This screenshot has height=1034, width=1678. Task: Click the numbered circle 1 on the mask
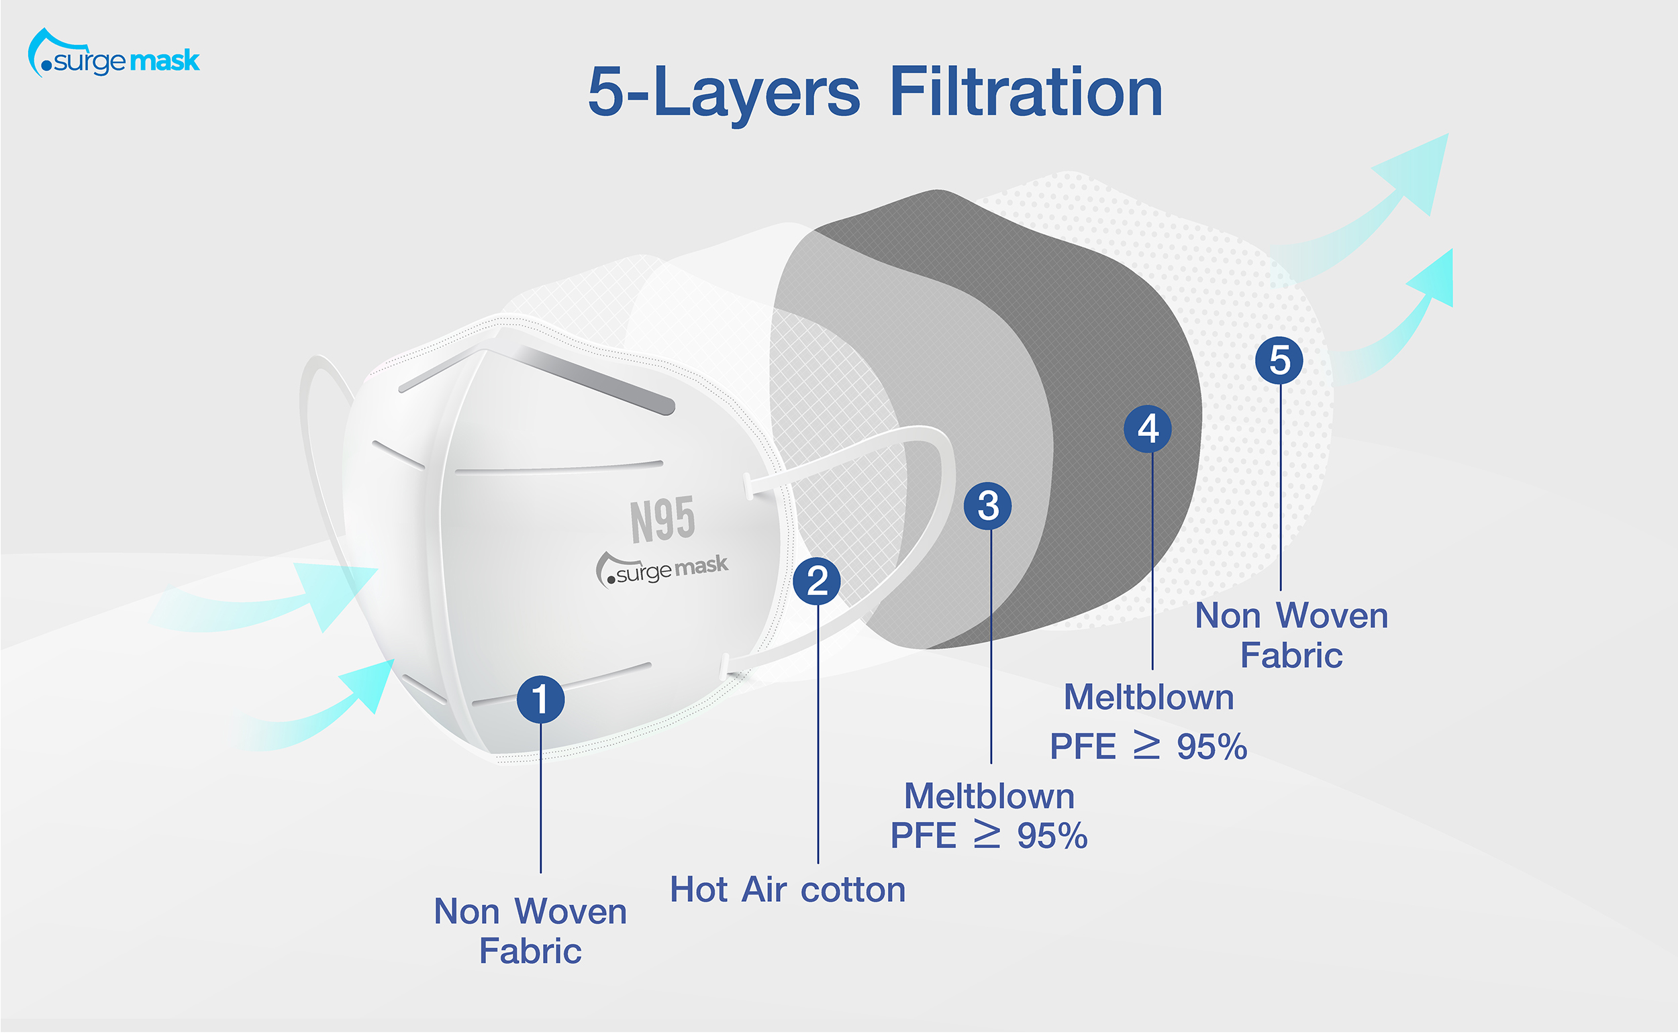540,700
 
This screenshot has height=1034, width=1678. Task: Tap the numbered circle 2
817,581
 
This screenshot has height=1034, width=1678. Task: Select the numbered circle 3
988,506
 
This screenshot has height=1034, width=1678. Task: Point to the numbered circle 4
1148,429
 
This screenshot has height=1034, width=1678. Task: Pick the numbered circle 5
1279,360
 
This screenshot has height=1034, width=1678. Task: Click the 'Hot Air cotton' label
787,890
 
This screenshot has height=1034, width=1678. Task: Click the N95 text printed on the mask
662,520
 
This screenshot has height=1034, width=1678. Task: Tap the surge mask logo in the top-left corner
113,53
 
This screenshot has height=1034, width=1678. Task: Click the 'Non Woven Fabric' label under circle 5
1291,635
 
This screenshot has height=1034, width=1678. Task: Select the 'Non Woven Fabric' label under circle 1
530,931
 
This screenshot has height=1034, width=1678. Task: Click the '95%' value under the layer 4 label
1212,747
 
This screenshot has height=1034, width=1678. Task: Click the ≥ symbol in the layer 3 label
987,835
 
